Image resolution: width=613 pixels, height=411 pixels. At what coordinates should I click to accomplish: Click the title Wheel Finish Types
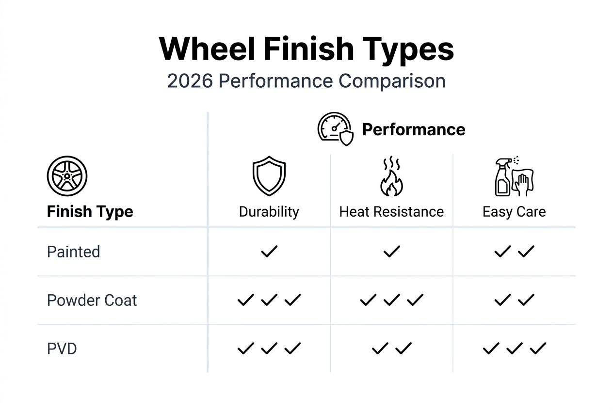[306, 48]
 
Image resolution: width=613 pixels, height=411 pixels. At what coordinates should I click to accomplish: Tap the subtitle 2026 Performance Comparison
[306, 81]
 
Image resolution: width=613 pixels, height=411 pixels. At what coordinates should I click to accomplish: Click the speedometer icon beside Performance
[335, 129]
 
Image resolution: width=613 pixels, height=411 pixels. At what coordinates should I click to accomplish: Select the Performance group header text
[414, 129]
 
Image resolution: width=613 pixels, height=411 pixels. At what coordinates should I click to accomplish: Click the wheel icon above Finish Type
[67, 176]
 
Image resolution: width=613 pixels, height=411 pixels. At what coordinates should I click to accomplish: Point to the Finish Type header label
[90, 212]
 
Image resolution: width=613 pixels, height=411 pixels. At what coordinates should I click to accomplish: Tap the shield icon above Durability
[269, 175]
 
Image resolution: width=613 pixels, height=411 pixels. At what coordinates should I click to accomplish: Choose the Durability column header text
[269, 212]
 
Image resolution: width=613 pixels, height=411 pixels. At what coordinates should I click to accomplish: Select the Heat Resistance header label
[391, 212]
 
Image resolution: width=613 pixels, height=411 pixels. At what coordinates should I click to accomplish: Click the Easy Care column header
[514, 212]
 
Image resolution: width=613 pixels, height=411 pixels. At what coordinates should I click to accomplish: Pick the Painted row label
[74, 252]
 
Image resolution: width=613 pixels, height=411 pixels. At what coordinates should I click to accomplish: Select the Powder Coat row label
[92, 300]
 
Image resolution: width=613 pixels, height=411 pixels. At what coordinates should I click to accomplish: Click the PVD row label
[62, 349]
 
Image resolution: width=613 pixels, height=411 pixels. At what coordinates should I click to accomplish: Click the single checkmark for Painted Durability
[269, 252]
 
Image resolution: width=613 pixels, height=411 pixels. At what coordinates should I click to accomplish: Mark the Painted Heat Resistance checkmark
[391, 252]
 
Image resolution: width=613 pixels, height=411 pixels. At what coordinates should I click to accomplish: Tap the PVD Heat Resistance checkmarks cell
[391, 348]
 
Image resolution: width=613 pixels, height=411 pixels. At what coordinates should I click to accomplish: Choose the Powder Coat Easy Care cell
[514, 300]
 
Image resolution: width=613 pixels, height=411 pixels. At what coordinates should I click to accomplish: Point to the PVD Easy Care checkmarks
[514, 348]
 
